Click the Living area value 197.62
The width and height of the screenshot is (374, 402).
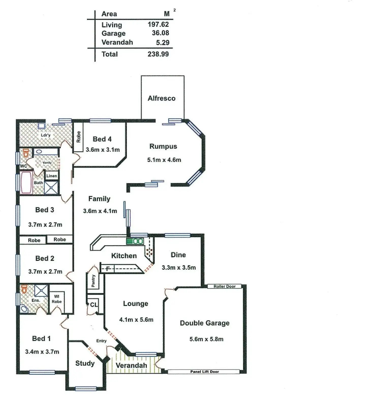[x=158, y=24]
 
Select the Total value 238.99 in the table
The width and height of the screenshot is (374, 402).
[x=158, y=54]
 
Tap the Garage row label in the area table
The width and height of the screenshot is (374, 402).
[x=113, y=33]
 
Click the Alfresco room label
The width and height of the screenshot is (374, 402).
[x=162, y=98]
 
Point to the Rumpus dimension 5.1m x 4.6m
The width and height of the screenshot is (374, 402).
[x=164, y=160]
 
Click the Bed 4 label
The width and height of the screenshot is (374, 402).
[x=102, y=139]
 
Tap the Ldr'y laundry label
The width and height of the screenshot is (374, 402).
[x=46, y=135]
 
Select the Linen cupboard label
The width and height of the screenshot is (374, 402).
[x=52, y=176]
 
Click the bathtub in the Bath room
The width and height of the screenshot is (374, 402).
[x=26, y=183]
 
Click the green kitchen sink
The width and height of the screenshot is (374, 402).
[x=135, y=241]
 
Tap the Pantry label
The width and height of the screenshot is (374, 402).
[x=93, y=281]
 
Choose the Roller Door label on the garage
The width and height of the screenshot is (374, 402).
[x=224, y=286]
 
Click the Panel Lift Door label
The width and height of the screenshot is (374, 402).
[x=205, y=372]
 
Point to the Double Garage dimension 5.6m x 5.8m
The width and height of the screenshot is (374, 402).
[x=206, y=339]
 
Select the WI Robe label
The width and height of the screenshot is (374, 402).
[x=57, y=299]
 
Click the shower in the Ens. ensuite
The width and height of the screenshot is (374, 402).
[x=41, y=291]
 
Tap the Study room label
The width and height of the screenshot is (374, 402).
[x=85, y=363]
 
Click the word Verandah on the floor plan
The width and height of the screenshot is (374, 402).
[x=131, y=365]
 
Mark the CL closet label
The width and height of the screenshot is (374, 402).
[x=94, y=304]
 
